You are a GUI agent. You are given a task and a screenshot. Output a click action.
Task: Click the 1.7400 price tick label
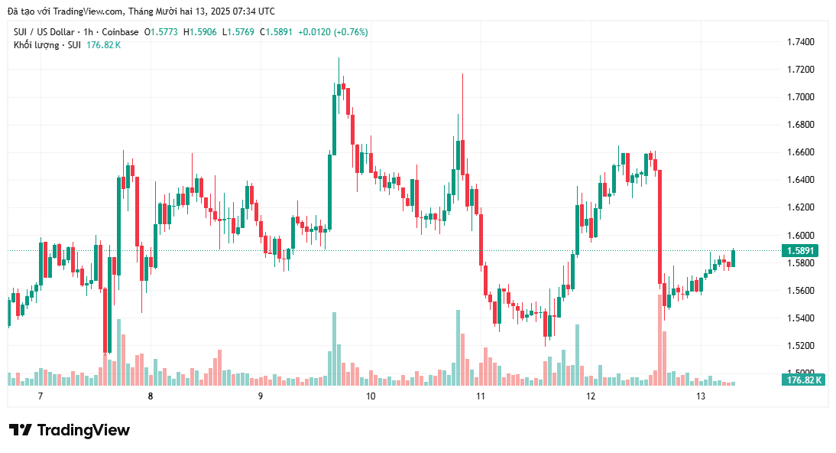pos(800,41)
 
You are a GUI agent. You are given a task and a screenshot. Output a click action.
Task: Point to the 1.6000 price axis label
pos(800,235)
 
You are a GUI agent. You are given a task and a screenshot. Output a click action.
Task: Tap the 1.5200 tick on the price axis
pos(800,346)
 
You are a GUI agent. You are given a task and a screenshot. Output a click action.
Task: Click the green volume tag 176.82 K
pos(803,380)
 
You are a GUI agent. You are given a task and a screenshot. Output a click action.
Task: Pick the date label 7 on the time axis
pos(40,396)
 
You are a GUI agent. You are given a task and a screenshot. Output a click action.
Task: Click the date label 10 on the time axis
pos(371,396)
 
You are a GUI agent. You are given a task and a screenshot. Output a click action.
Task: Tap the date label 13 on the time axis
pos(701,396)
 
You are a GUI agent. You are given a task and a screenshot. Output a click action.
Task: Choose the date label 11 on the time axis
pos(481,396)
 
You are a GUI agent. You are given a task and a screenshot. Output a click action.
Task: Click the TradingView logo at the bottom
pos(70,430)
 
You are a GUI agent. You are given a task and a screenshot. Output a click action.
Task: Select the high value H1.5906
pos(203,32)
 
